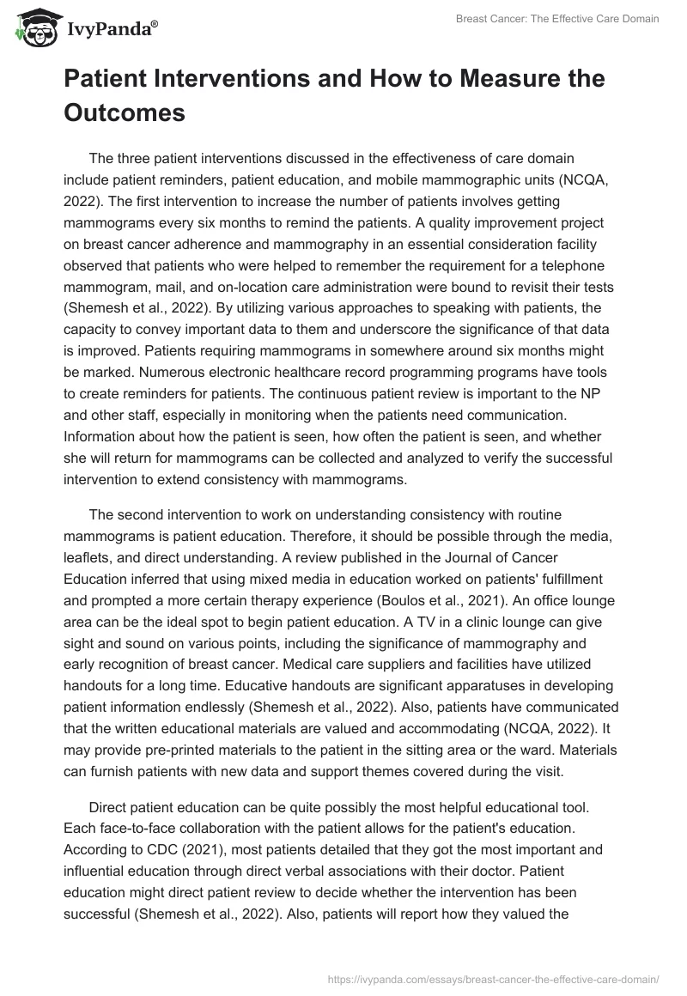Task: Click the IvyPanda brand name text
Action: (112, 32)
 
